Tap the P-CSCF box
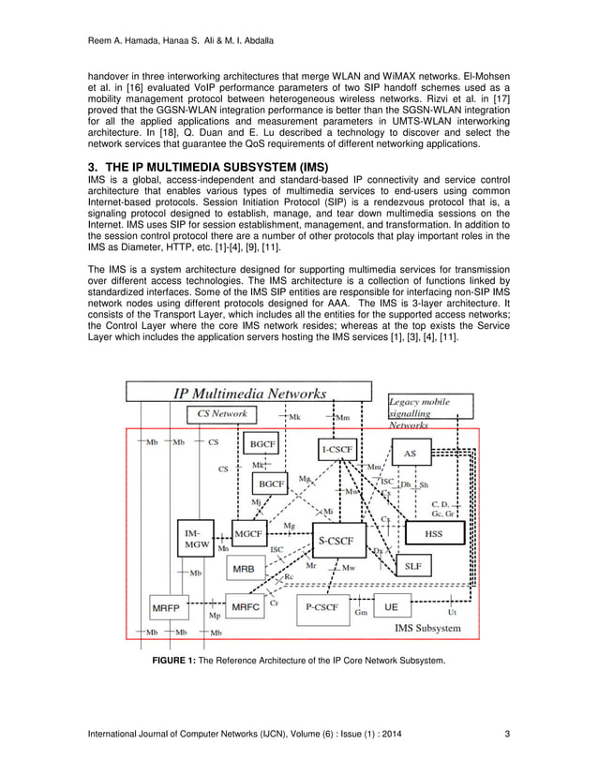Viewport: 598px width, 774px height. tap(321, 607)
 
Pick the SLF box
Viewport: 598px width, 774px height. tap(413, 566)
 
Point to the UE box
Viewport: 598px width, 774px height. tap(392, 607)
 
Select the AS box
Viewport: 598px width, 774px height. tap(410, 454)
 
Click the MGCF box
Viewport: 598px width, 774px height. tap(248, 533)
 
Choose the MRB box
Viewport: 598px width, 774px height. tap(243, 569)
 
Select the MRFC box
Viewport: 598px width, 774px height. tap(246, 607)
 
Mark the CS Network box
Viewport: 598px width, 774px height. tap(222, 413)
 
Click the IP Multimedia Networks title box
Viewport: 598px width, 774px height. tap(248, 393)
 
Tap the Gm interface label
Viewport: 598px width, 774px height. tap(361, 612)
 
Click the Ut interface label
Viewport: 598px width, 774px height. tap(453, 612)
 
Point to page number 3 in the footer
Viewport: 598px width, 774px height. tap(506, 733)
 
